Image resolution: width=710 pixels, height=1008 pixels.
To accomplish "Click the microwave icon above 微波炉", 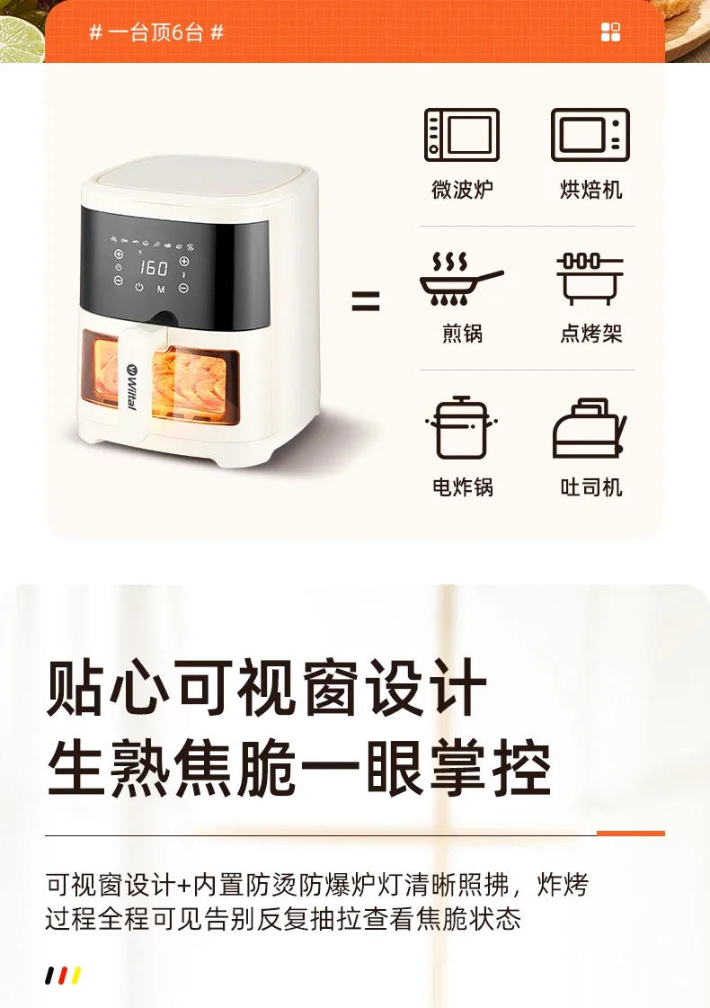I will click(x=461, y=135).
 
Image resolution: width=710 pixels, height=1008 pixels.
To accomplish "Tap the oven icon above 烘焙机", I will click(x=590, y=135).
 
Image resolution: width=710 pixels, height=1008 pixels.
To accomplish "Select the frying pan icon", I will click(x=461, y=279).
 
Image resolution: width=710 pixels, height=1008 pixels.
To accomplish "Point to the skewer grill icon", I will click(x=590, y=279).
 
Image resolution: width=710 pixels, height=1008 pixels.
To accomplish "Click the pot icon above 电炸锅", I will click(x=461, y=428).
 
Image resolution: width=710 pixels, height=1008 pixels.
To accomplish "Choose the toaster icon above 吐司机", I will click(x=590, y=429).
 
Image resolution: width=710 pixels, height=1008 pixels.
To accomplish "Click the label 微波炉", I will click(x=462, y=190).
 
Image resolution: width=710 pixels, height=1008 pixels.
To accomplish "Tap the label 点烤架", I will click(x=590, y=334).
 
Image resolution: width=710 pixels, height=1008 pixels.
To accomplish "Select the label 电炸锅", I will click(x=462, y=487).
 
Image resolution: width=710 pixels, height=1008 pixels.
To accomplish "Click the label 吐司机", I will click(x=590, y=487).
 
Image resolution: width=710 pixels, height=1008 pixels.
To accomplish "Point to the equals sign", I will click(x=365, y=301).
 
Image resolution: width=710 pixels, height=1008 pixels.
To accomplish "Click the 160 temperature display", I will click(x=154, y=268).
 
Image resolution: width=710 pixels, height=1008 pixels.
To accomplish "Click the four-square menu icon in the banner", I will click(x=610, y=33).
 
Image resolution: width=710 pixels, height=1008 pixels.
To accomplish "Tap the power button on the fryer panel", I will click(x=139, y=288).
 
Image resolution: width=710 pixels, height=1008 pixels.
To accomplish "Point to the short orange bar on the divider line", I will click(x=630, y=834).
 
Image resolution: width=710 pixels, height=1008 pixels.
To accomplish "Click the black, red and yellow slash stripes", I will click(x=63, y=975).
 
